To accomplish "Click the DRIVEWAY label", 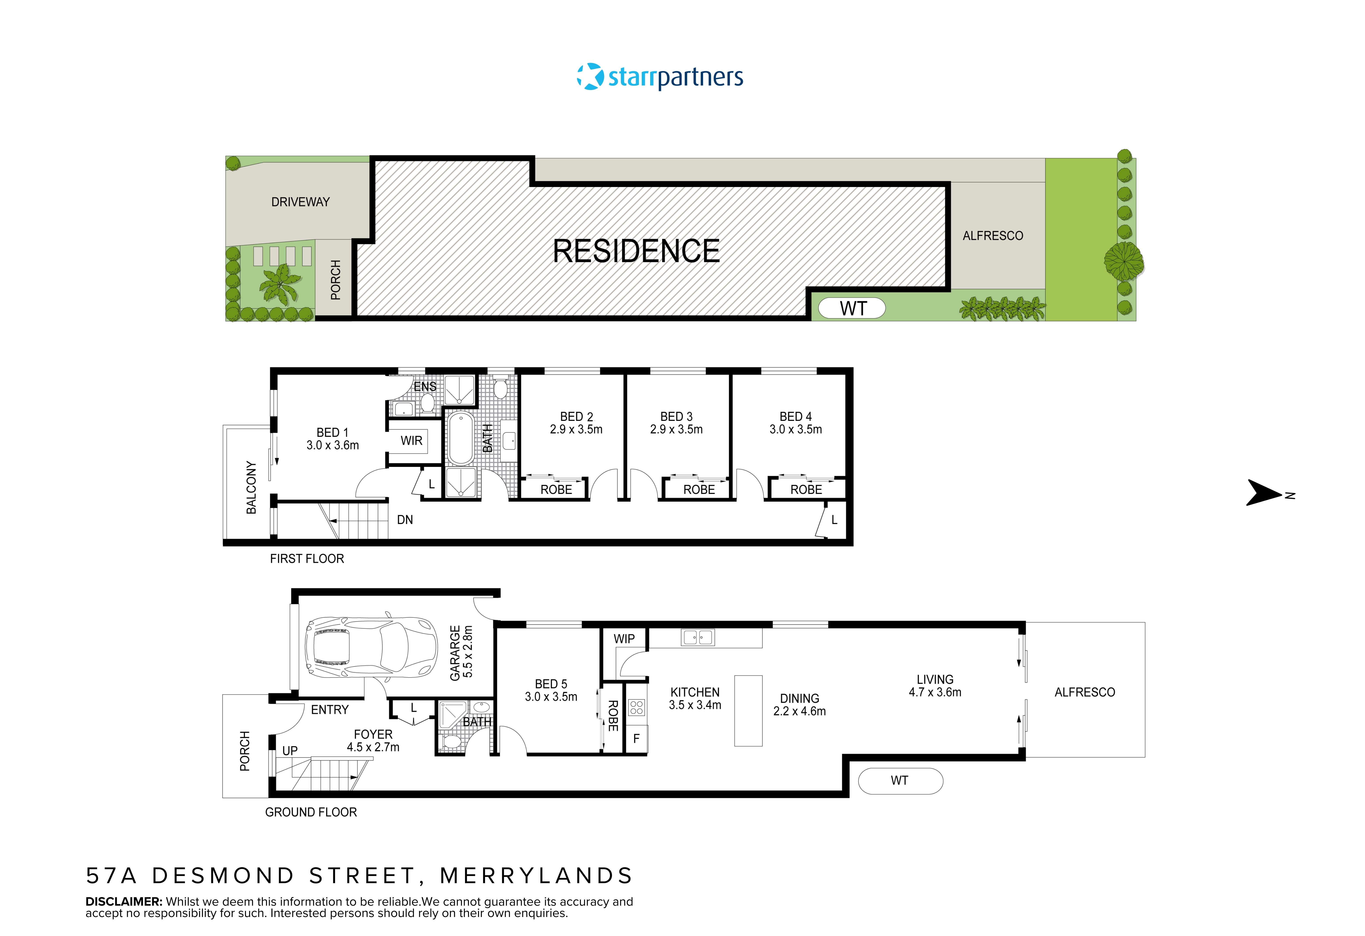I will (x=300, y=202).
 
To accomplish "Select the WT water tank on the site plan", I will (x=852, y=308).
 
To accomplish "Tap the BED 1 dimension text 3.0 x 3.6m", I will (x=332, y=446).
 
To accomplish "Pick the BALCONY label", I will (x=251, y=487).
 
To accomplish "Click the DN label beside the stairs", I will (x=405, y=520).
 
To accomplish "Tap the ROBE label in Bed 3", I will (x=699, y=490).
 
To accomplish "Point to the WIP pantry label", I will (x=624, y=639).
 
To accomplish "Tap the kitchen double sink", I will (x=698, y=637).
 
